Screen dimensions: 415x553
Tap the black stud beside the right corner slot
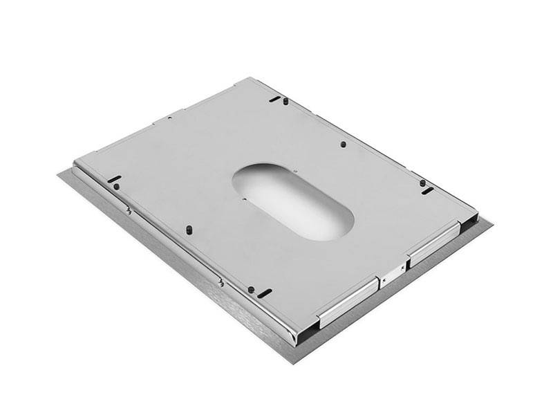pyautogui.click(x=422, y=183)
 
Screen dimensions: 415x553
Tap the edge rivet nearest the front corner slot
pyautogui.click(x=220, y=281)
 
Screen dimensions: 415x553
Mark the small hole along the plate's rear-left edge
pyautogui.click(x=168, y=118)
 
